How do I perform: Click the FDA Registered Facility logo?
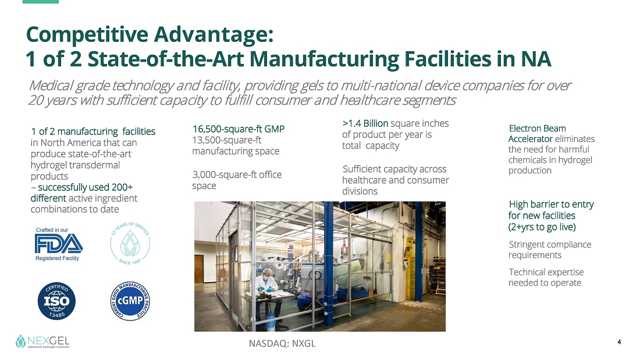59,244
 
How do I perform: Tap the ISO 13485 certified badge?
57,301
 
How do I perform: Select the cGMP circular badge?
130,301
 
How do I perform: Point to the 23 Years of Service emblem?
130,243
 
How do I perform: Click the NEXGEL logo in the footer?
42,341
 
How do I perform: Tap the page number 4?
619,342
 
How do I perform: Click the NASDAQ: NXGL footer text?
282,343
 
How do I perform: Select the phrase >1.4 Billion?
365,123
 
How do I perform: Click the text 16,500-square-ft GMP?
239,129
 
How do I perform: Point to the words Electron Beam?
537,128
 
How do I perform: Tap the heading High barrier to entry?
551,204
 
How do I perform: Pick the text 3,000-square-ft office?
237,174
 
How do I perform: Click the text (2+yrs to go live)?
542,227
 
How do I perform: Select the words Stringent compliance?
550,244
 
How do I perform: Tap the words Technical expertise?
546,272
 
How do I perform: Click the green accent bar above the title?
41,2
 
